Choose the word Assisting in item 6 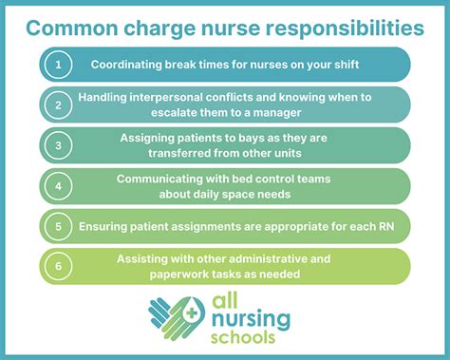[x=144, y=258]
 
